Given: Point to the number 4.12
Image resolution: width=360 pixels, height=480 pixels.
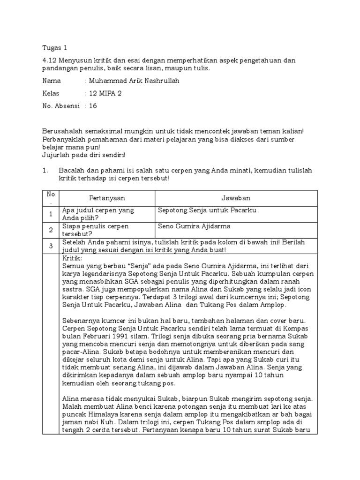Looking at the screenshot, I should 50,60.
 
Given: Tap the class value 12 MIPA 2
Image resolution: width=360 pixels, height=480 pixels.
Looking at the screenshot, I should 106,93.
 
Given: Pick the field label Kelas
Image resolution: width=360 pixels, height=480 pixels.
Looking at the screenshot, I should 52,93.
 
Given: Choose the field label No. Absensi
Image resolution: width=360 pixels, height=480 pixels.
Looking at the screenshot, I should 61,106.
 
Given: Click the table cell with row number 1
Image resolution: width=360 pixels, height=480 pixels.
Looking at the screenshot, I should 50,214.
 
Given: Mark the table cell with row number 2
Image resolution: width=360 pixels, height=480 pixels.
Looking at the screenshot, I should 50,230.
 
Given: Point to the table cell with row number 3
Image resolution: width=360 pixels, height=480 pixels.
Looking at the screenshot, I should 50,246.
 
